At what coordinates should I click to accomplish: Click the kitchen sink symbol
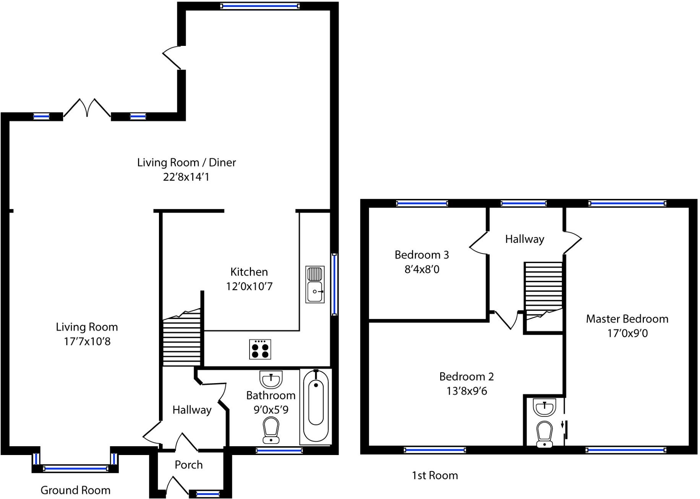tap(315, 285)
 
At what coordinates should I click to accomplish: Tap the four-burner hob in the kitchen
tap(260, 349)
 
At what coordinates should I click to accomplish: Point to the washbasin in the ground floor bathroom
tap(271, 379)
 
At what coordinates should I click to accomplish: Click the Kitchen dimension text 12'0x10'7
tap(249, 286)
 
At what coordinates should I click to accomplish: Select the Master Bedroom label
tap(627, 319)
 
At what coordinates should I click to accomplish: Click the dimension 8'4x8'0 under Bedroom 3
tap(422, 269)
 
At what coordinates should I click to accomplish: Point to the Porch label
tap(188, 465)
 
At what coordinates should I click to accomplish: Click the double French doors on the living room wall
tap(87, 108)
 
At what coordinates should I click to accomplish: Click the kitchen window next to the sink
tap(334, 284)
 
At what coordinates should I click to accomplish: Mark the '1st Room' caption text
tap(435, 475)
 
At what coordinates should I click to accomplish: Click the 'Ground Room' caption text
tap(75, 490)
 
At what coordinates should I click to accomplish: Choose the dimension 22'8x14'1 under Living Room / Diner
tap(186, 177)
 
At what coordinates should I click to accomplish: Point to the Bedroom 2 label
tap(466, 377)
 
